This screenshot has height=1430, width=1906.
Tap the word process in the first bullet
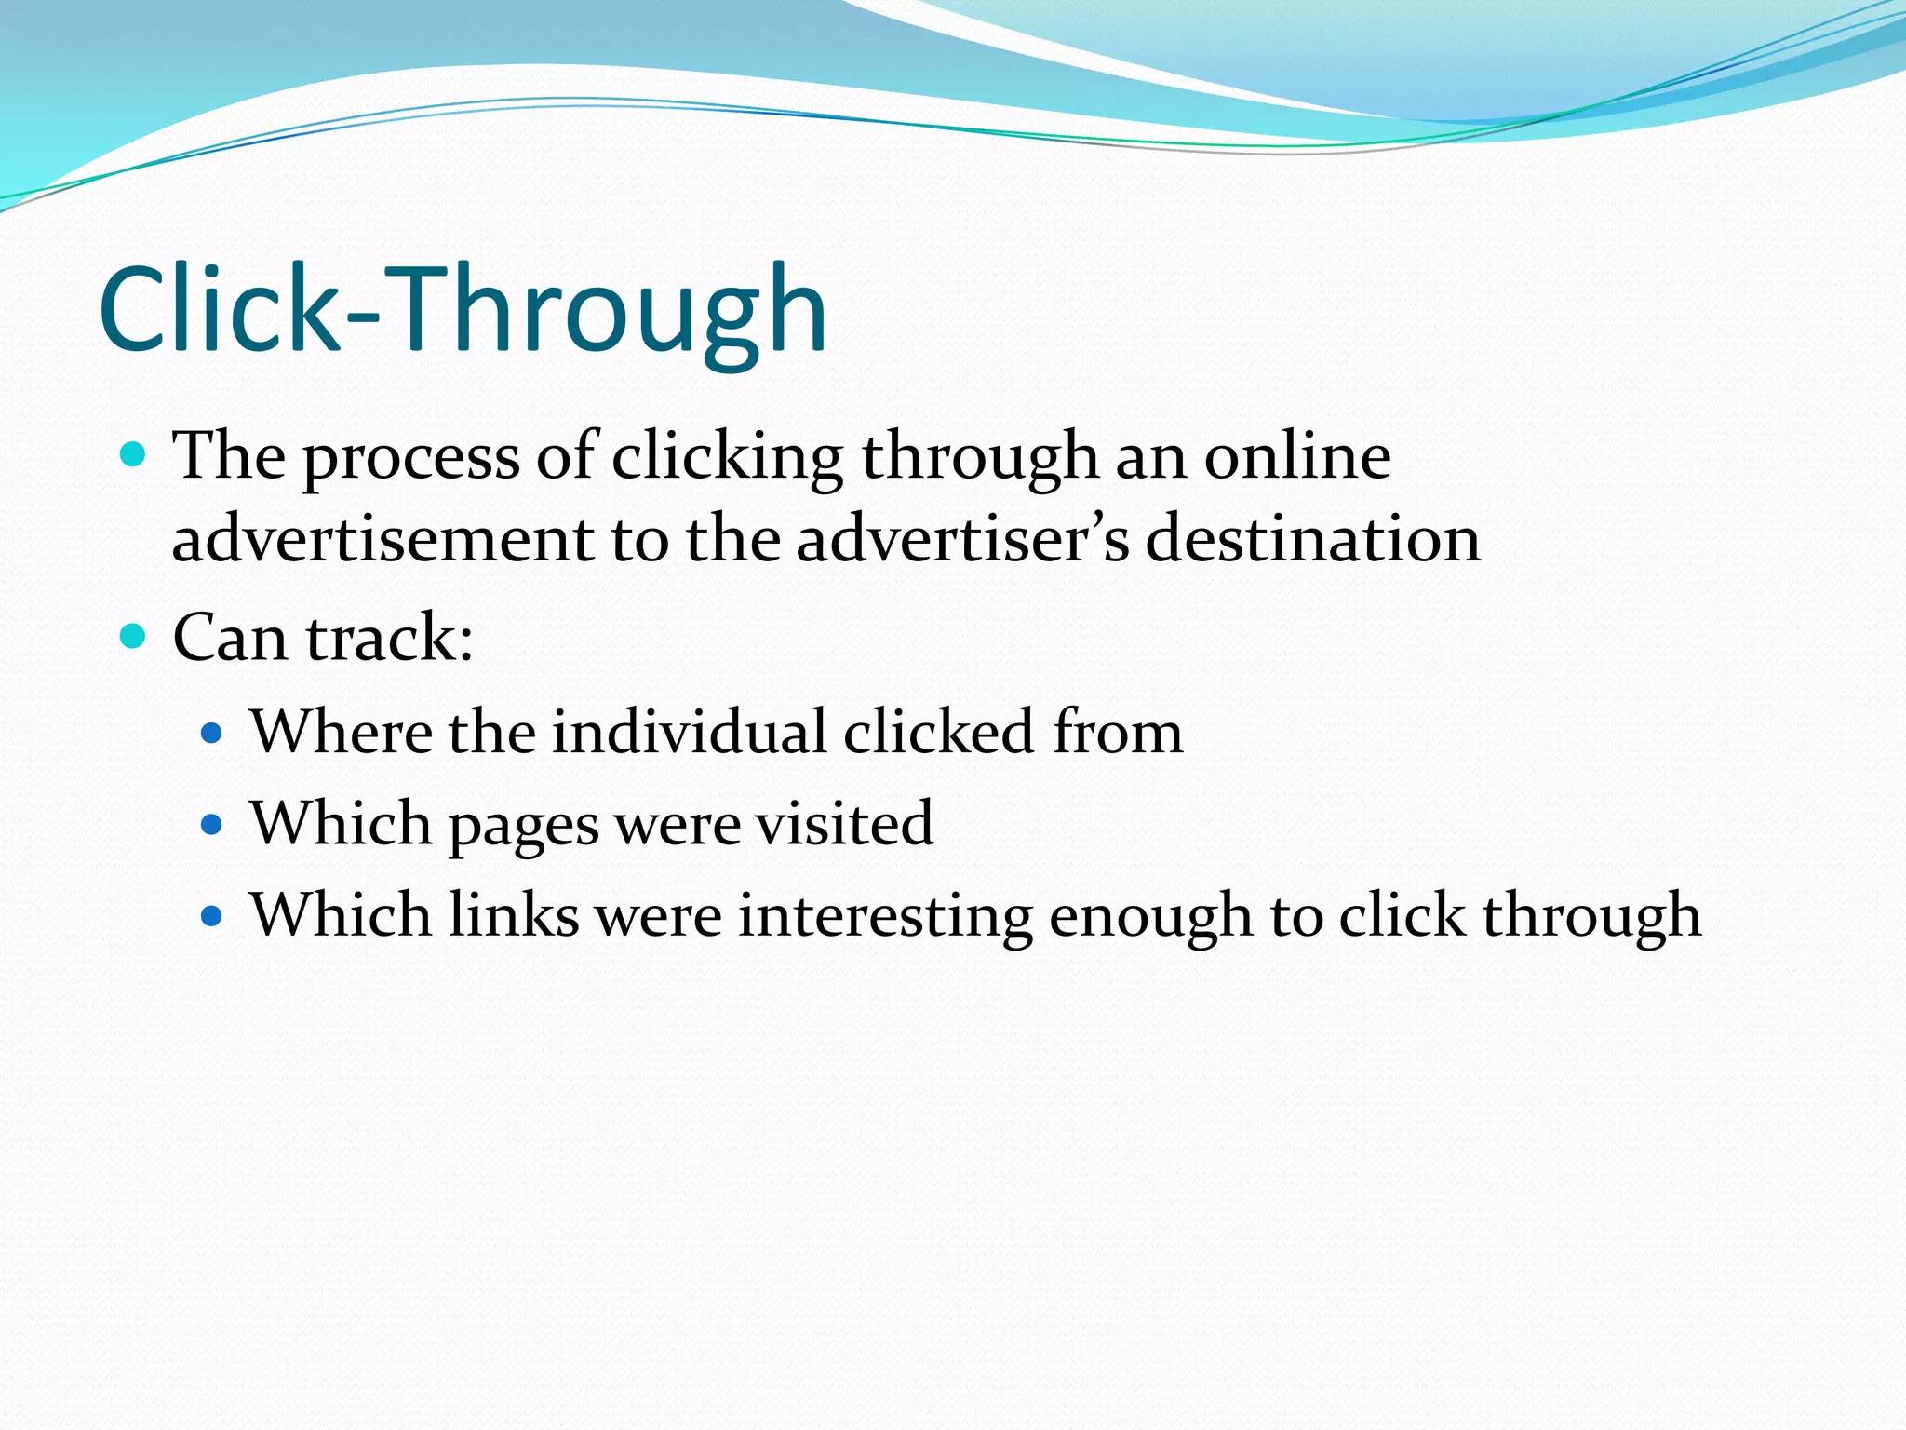click(x=410, y=459)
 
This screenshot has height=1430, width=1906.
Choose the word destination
click(x=1312, y=540)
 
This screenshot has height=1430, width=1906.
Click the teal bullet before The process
click(x=134, y=455)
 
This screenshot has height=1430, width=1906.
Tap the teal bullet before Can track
click(x=134, y=637)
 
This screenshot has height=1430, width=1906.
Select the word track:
click(x=389, y=639)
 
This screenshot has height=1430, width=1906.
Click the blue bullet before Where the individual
click(x=212, y=733)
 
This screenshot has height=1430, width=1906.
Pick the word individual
click(x=689, y=732)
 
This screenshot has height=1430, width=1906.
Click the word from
click(x=1117, y=732)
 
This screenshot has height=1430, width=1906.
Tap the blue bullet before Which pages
click(x=212, y=824)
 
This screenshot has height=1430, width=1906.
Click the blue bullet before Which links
click(x=212, y=915)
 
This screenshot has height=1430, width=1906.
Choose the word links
click(x=514, y=914)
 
